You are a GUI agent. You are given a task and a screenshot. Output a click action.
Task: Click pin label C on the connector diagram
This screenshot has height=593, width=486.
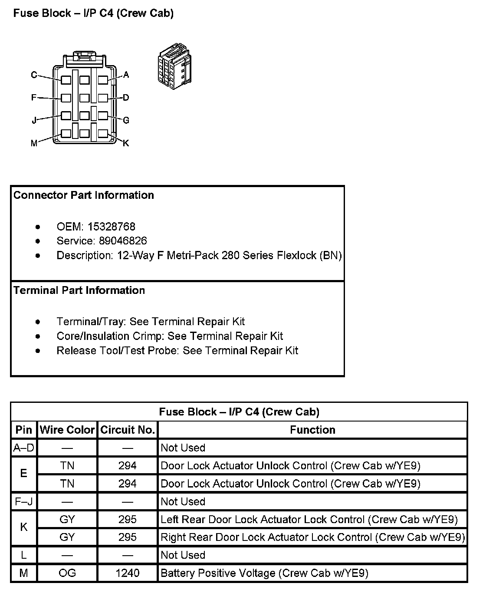34,75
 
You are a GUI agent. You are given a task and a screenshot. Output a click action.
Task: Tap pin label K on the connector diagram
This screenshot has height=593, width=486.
126,143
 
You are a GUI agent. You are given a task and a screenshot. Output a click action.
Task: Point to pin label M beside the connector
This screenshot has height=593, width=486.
34,143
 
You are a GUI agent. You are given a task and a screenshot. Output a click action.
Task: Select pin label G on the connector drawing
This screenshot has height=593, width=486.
126,120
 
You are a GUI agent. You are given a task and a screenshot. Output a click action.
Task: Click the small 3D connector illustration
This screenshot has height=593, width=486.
174,66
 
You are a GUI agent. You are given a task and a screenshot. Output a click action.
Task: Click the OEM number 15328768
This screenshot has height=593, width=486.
111,227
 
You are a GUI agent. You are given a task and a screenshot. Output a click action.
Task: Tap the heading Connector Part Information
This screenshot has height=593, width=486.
84,195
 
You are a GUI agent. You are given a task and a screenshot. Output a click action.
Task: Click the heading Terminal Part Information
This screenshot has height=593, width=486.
79,290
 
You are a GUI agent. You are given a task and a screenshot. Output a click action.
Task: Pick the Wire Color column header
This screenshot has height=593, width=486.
67,430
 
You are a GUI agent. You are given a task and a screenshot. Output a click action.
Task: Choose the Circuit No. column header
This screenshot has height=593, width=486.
128,430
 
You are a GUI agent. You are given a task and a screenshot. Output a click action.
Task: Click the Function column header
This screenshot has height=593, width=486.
312,430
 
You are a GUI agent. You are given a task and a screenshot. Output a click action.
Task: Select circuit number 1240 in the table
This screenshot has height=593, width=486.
128,573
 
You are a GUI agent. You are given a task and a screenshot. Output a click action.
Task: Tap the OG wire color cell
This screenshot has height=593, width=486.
67,573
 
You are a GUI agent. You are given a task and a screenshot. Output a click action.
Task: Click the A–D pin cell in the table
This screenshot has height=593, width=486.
24,448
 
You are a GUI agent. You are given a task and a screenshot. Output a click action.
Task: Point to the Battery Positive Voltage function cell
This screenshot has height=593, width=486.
264,573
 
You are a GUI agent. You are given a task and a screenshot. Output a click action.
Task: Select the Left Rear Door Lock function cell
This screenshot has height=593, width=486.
309,520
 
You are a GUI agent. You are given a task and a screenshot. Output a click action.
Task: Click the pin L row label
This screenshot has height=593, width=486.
24,555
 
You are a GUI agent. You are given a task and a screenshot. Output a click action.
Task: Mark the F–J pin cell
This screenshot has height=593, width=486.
24,502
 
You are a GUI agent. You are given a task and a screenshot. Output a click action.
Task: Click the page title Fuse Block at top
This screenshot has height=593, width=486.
93,13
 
